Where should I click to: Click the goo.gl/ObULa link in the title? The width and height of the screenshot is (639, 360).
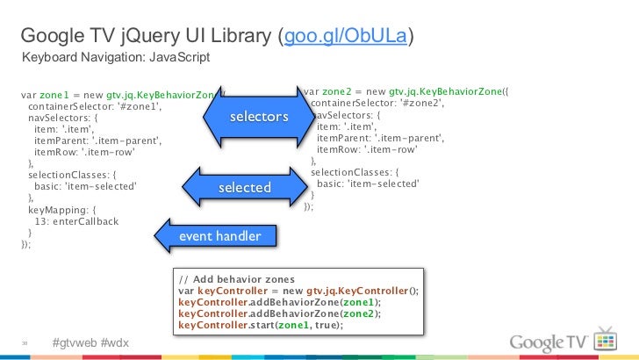345,36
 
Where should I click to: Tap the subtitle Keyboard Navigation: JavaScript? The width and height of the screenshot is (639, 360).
116,58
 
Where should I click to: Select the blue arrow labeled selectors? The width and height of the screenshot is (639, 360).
258,117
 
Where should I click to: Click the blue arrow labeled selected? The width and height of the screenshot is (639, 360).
244,188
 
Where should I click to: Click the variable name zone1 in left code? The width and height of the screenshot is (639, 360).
54,93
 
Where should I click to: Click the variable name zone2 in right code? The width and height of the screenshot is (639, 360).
337,91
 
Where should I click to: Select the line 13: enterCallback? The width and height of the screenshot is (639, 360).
75,221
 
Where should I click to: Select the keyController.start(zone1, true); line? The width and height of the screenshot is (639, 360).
260,325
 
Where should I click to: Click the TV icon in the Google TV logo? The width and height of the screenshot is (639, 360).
606,340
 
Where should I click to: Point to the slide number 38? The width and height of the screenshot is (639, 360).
26,343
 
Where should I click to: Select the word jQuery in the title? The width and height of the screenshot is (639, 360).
140,36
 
